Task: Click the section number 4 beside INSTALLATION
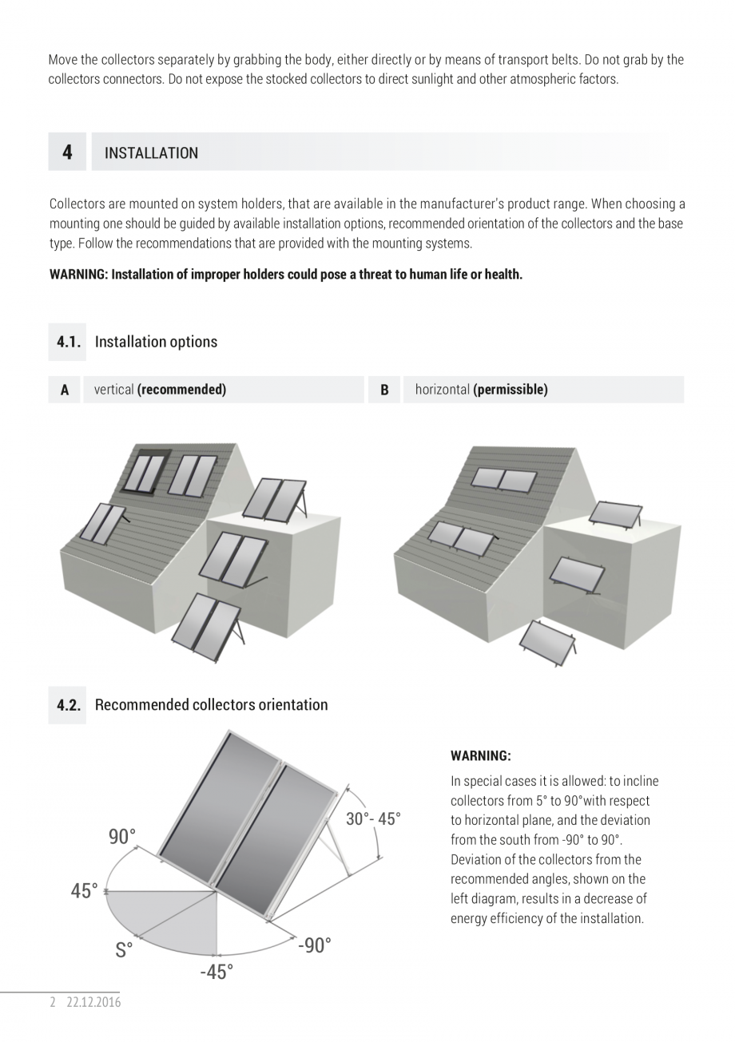67,153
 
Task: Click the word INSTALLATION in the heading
151,153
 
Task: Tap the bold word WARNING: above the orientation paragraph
480,755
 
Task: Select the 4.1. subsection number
69,342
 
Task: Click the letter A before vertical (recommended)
65,390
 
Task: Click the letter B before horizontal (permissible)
384,390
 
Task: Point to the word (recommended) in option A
181,390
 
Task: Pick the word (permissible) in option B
510,390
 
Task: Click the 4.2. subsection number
69,705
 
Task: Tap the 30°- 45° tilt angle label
373,819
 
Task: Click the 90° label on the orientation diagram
122,837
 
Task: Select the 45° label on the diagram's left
84,891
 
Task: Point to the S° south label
124,950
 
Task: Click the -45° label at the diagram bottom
217,972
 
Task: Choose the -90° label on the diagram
314,945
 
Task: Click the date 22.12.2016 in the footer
93,1002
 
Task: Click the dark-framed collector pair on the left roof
144,471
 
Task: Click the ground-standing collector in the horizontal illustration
547,643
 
